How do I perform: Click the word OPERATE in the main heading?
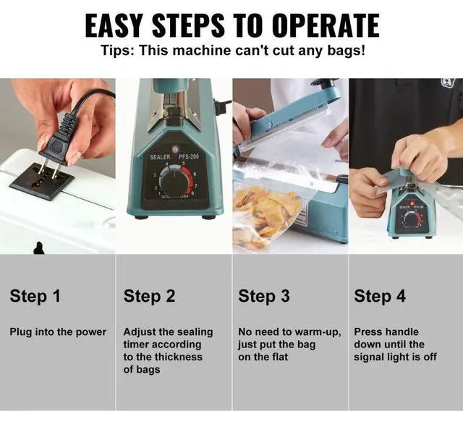(x=326, y=25)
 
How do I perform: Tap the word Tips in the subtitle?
(x=117, y=51)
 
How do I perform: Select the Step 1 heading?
(x=35, y=296)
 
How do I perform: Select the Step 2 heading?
(x=150, y=296)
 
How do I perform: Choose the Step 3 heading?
(x=264, y=296)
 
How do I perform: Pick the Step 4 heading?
(x=380, y=296)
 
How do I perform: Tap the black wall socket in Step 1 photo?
(x=41, y=181)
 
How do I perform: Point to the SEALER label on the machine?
(x=160, y=157)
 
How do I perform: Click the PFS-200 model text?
(x=189, y=156)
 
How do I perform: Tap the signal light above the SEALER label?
(x=175, y=146)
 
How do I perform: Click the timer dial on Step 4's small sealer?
(x=412, y=219)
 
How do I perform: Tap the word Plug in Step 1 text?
(x=21, y=332)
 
